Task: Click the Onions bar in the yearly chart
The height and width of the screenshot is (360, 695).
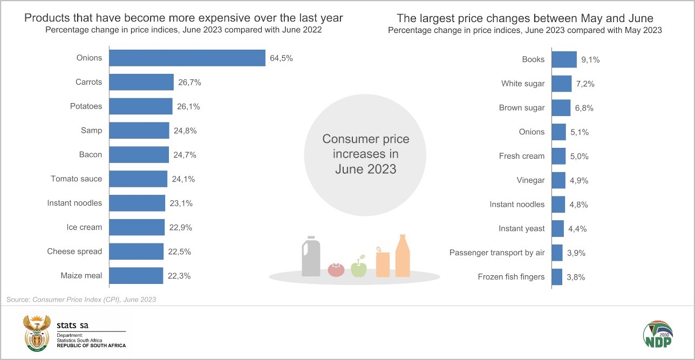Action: [187, 58]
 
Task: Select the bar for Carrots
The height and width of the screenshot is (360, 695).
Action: [141, 82]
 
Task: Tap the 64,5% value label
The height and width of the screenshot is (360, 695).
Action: [281, 58]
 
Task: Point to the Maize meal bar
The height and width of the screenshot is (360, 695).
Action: [136, 276]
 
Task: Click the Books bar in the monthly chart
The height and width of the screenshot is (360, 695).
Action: [564, 59]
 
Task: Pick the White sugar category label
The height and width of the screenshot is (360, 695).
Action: [522, 84]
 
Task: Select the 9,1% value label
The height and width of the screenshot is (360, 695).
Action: [590, 60]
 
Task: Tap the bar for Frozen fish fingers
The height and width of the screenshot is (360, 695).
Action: [557, 277]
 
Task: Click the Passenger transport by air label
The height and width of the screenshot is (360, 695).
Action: [496, 253]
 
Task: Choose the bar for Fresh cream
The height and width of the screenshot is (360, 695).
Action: [558, 156]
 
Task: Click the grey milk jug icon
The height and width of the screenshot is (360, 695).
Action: [311, 257]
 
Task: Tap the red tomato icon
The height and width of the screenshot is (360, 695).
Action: [336, 269]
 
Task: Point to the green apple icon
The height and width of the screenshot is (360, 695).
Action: [359, 267]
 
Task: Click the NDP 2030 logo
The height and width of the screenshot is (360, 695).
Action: [658, 335]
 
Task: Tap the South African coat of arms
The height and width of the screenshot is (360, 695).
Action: [36, 334]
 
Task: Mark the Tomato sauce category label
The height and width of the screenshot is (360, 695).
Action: [76, 179]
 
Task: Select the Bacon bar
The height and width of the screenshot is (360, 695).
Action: [139, 155]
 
